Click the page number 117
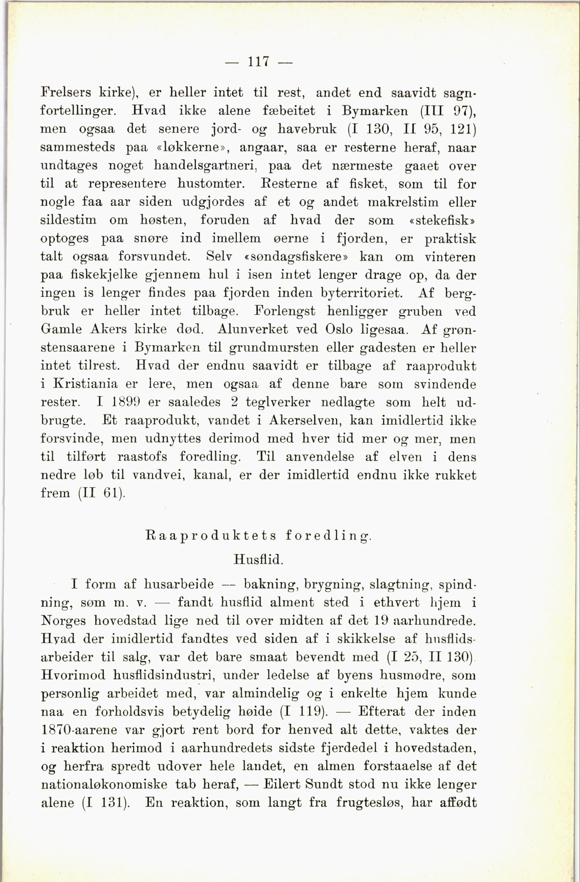coord(258,61)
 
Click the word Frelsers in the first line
coord(65,92)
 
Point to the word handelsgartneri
coord(205,166)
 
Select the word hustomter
coord(211,184)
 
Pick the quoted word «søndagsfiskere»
coord(296,257)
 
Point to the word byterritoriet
coord(361,293)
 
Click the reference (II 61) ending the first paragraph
coord(102,493)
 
